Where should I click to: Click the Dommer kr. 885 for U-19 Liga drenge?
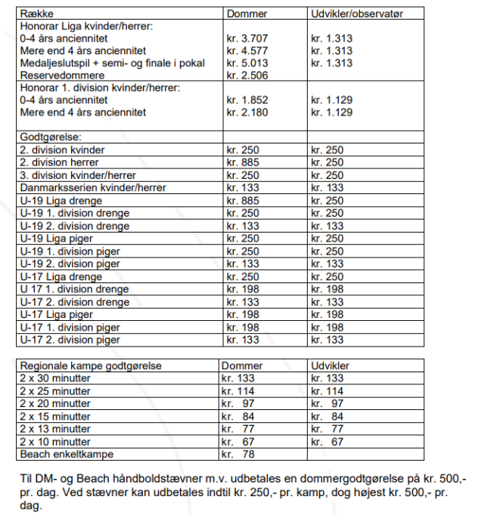coord(243,200)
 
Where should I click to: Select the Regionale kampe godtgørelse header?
coord(91,365)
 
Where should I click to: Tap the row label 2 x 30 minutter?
coord(55,378)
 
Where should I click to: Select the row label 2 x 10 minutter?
coord(55,442)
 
